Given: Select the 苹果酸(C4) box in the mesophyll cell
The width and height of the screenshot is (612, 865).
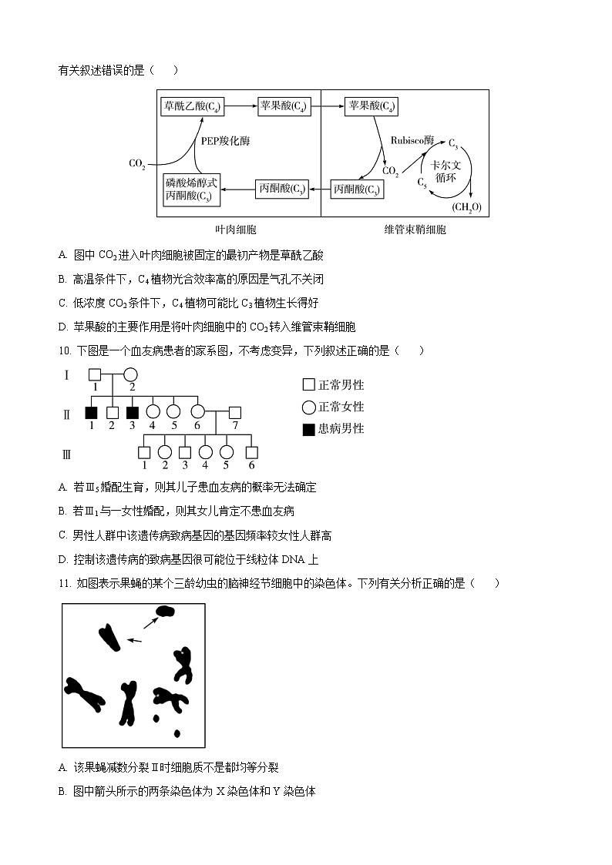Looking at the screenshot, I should pos(284,106).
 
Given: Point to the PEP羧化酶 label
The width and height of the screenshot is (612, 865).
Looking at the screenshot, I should pos(225,141).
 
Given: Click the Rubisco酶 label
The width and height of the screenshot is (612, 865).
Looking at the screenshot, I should pos(412,141).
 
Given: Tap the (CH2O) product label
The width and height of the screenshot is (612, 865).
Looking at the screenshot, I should pos(466,207).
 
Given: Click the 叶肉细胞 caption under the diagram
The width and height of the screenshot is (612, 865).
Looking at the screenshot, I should pos(236,230).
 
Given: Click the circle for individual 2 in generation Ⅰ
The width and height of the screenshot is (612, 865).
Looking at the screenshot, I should pos(131,375).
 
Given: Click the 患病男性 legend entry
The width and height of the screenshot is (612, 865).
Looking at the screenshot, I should pos(333,429).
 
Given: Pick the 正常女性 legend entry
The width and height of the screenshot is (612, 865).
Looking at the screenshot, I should pos(333,407).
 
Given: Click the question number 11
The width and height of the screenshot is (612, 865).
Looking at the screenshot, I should pos(65,583).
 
